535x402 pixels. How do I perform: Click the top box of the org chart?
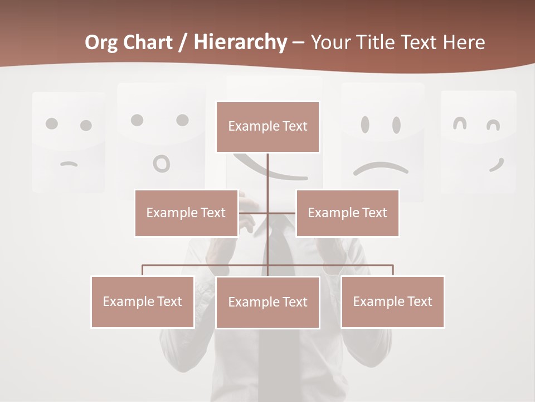click(x=267, y=127)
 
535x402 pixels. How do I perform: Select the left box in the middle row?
click(x=186, y=213)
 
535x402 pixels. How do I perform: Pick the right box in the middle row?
click(x=347, y=213)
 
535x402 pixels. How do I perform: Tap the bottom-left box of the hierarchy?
click(x=142, y=301)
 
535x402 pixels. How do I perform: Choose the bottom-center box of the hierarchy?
click(x=267, y=302)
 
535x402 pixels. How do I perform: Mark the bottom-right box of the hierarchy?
click(x=392, y=301)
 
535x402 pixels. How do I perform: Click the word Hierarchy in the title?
click(x=240, y=42)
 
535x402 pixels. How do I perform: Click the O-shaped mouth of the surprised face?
click(x=162, y=164)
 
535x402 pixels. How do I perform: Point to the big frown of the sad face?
click(x=381, y=168)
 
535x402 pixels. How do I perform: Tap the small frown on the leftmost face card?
click(x=69, y=164)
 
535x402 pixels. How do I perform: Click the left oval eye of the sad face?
click(x=365, y=125)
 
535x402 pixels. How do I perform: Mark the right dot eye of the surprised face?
click(x=182, y=120)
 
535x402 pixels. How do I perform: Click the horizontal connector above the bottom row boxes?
click(x=206, y=265)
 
